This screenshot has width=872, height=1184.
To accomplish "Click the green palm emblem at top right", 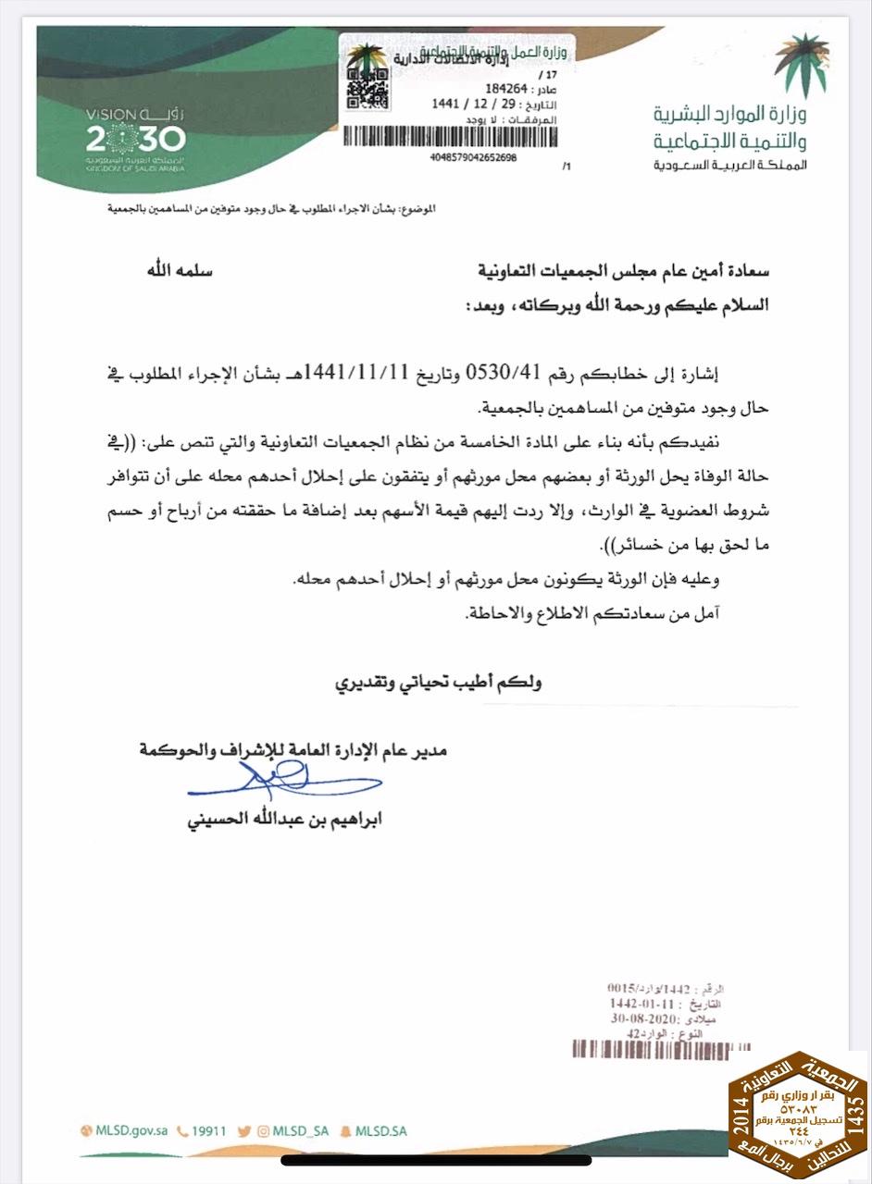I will click(801, 62).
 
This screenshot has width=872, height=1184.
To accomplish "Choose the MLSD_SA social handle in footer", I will click(301, 1130).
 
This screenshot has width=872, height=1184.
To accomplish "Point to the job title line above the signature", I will click(293, 748).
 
